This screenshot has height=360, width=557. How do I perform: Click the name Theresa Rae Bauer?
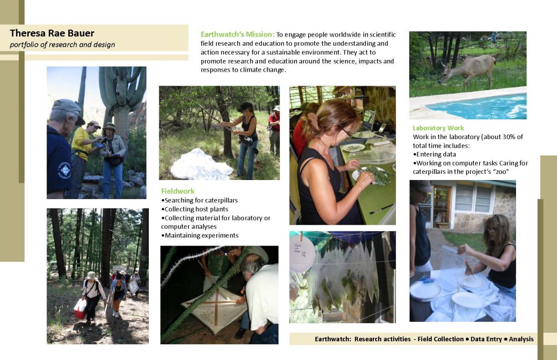coord(52,33)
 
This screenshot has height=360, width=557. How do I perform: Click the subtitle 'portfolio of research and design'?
coord(62,45)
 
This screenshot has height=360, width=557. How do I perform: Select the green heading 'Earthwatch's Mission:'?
coord(238,34)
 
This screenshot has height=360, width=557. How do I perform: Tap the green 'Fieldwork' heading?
coord(178,191)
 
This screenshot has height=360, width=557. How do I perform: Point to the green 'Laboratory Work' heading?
coord(438,128)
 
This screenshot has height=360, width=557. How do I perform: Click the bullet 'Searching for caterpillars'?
coord(199,200)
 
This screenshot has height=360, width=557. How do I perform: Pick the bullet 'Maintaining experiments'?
coord(200,235)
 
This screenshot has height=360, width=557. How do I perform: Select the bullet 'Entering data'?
coord(434,154)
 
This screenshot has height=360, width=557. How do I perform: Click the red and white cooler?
coord(80,308)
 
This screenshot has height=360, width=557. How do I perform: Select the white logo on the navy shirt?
coord(64,170)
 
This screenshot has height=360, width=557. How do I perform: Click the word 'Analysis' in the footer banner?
coord(521,339)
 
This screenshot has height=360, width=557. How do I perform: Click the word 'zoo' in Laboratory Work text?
coord(501,172)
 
